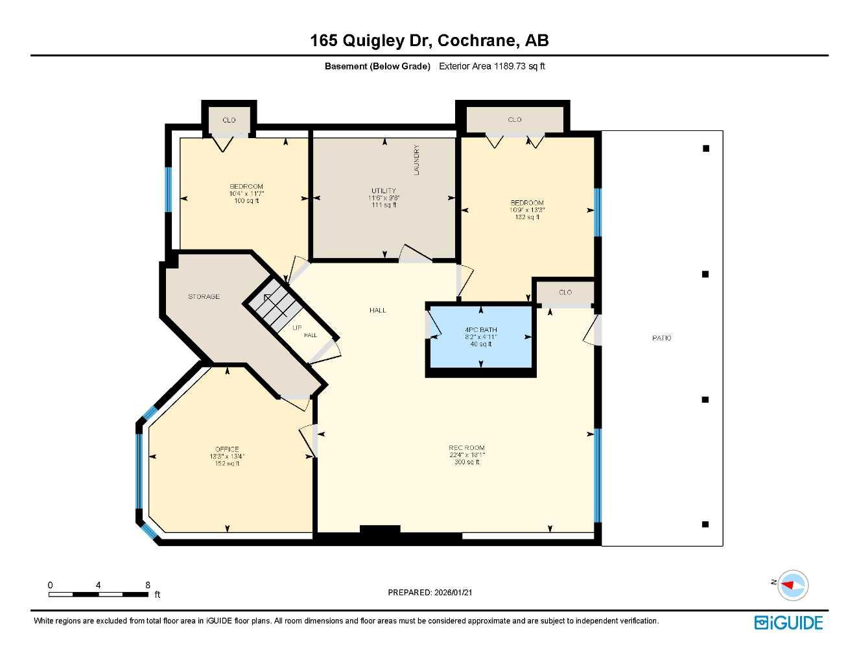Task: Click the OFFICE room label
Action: point(227,449)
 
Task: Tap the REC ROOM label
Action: point(466,447)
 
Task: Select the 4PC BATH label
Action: point(480,329)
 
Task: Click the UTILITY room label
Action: point(383,191)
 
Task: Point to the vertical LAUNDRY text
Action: point(417,160)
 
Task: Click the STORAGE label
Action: point(204,296)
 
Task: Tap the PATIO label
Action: point(661,338)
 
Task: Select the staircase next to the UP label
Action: point(273,305)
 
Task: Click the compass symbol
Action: point(792,584)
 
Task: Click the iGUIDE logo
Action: point(788,622)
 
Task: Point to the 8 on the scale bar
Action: point(148,585)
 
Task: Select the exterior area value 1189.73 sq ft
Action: point(519,66)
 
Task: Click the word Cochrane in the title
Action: point(477,40)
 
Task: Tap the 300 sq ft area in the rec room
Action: point(467,462)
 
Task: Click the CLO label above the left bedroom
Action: point(229,120)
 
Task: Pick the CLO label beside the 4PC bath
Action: point(565,292)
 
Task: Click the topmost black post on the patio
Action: point(706,148)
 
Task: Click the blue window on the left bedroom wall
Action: point(169,189)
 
